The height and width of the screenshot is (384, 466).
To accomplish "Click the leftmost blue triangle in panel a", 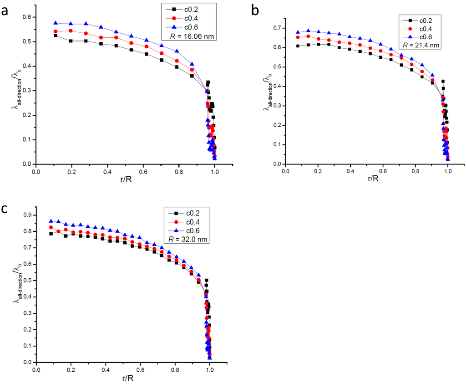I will [56, 23].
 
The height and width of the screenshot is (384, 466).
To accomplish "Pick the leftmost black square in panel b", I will [298, 46].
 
